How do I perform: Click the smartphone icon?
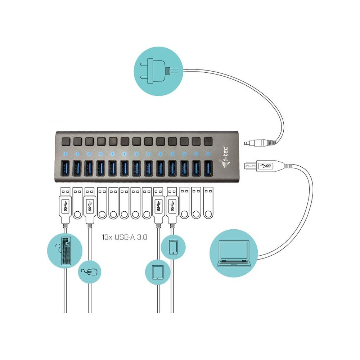(173, 246)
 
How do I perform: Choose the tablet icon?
(157, 272)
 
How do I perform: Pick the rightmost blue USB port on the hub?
(208, 168)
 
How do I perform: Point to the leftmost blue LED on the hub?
(65, 154)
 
